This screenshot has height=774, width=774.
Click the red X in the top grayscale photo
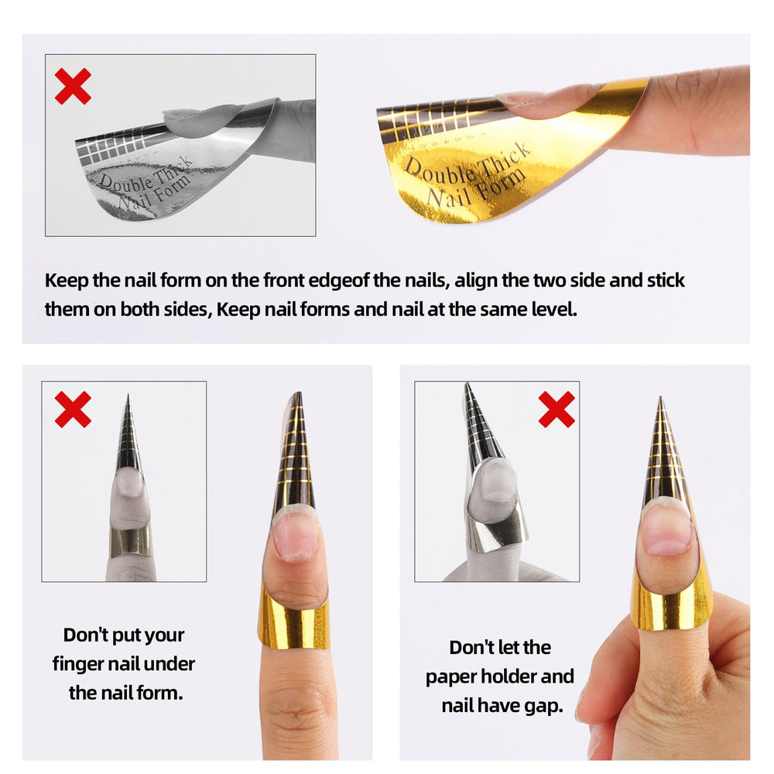pyautogui.click(x=73, y=86)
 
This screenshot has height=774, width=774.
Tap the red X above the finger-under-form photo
pyautogui.click(x=73, y=409)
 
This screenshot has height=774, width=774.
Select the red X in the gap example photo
pyautogui.click(x=557, y=409)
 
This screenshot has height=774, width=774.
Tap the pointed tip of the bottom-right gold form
pyautogui.click(x=660, y=401)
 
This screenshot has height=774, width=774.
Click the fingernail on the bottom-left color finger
pyautogui.click(x=296, y=534)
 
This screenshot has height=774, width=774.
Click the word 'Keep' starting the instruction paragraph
pyautogui.click(x=65, y=280)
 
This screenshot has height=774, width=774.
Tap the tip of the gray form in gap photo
pyautogui.click(x=467, y=386)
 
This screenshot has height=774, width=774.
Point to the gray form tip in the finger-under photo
pyautogui.click(x=127, y=399)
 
